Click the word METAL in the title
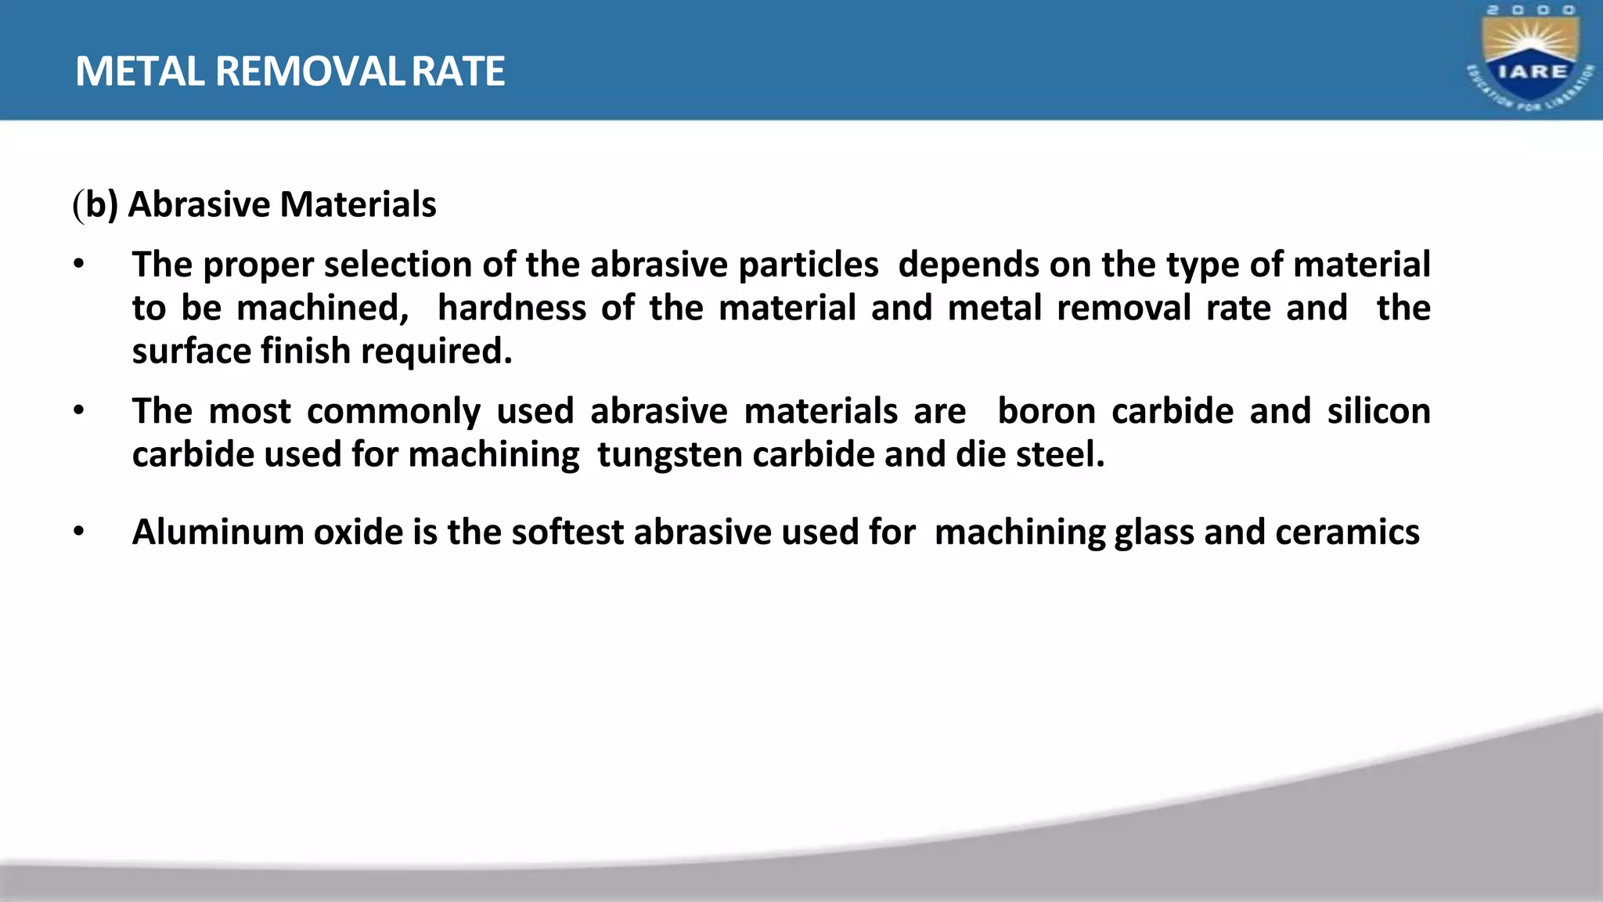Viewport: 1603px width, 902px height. (139, 71)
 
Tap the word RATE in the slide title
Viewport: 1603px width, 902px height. (458, 71)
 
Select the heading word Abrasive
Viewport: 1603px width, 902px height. (199, 204)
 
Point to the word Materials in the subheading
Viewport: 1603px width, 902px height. (358, 204)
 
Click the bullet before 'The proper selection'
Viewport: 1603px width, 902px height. (78, 265)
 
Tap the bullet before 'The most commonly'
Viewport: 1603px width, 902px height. (78, 411)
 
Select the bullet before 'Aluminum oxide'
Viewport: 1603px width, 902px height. (78, 532)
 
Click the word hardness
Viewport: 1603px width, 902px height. (512, 308)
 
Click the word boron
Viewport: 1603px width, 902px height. (1046, 411)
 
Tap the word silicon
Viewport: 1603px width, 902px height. (1378, 411)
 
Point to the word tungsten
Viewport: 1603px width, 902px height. (669, 455)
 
